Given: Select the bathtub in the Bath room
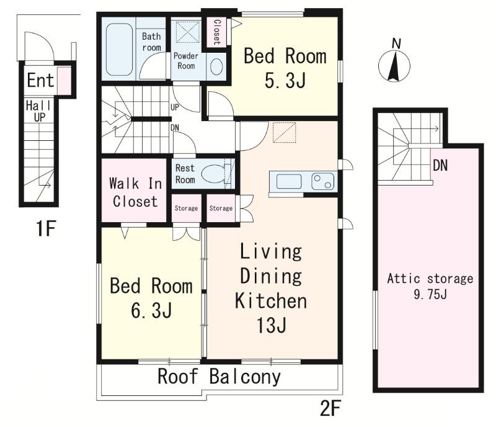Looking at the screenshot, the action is pos(119,50).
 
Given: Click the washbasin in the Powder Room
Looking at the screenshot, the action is pos(216,67).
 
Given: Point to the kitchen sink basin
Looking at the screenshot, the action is pos(289,181).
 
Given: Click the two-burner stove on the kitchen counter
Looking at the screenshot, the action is pos(322,181).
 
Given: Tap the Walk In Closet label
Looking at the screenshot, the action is pos(135,192).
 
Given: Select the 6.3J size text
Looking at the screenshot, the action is pos(151,310).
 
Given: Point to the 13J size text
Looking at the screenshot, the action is pos(272,325).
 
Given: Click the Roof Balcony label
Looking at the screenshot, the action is pos(219,376).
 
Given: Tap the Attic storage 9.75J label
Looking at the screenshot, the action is pos(430,286).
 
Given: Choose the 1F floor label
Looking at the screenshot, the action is pos(46,228).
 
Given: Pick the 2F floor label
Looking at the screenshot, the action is pos(330,408).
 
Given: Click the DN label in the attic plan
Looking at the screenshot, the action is pos(440,165).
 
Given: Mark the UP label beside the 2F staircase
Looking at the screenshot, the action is pos(175,107).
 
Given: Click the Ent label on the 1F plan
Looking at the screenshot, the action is pos(40,80).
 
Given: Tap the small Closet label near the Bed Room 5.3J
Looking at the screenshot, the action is pos(217,32).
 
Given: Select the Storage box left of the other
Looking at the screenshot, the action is pos(187,208).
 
